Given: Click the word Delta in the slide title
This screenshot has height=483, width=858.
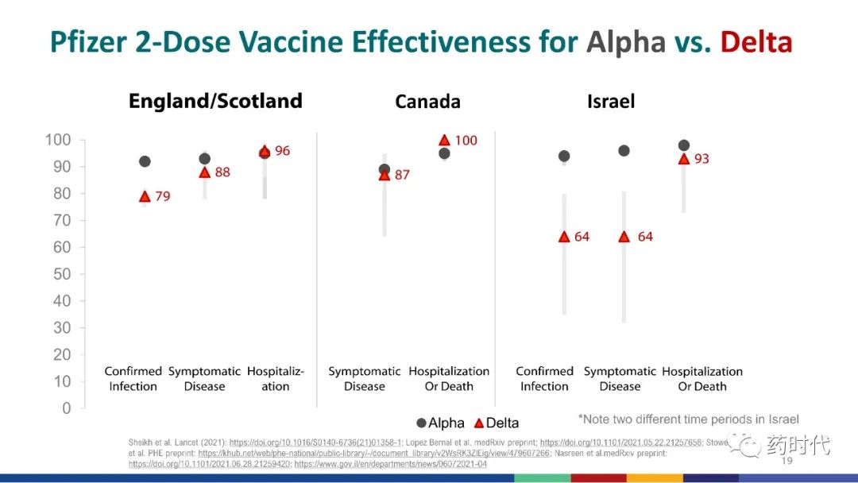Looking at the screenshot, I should (756, 42).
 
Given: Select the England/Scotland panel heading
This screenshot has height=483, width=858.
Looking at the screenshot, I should (215, 101).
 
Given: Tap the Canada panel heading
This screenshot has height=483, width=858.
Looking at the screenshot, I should (427, 102).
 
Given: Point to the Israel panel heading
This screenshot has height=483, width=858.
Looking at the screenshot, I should (610, 102).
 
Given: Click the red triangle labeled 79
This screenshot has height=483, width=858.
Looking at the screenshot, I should (145, 196).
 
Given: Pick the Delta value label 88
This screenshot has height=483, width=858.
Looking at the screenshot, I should (222, 172).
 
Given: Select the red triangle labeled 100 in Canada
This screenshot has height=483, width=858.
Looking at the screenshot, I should (444, 141).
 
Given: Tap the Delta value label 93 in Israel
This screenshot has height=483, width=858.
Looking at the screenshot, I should (701, 159).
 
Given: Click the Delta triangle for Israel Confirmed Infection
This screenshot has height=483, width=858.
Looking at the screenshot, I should (564, 237).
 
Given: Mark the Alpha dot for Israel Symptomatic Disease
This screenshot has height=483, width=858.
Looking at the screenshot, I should (624, 151).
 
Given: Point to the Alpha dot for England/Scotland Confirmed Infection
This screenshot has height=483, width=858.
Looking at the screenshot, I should (145, 161).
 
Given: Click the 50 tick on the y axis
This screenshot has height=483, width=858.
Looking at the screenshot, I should (62, 274).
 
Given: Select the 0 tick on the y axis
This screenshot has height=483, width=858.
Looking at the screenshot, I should (67, 408).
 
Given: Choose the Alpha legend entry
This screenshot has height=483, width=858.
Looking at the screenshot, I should (440, 423).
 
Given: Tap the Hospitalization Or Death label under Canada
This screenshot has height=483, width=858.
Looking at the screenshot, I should (449, 379).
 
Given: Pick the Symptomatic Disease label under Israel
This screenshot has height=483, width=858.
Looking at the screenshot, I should (620, 379).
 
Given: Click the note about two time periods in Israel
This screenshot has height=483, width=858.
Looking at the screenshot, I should (688, 419).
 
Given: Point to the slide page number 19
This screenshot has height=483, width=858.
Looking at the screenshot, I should (787, 461).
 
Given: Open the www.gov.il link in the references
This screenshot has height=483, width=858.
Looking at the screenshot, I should (390, 464).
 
